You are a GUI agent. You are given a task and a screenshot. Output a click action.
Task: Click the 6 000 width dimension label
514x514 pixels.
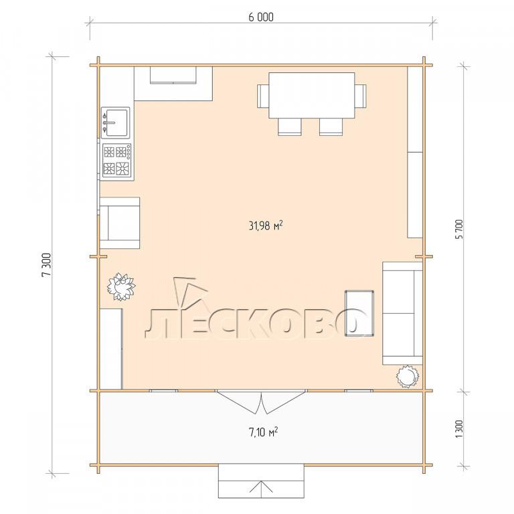[260, 17]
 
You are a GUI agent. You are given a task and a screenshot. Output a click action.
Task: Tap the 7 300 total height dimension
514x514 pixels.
[48, 265]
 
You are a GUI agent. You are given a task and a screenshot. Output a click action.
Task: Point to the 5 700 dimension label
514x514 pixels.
[460, 229]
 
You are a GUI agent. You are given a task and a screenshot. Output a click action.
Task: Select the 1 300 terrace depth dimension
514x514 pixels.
[460, 429]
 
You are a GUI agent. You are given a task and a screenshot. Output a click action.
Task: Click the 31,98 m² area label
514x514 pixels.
[266, 226]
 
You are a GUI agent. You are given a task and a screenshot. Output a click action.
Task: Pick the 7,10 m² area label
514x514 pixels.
[264, 432]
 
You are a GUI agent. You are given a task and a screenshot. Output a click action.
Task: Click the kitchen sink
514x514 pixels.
[115, 123]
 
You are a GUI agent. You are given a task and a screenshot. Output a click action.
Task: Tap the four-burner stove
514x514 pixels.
[116, 161]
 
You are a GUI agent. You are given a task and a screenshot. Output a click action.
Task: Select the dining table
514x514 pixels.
[311, 96]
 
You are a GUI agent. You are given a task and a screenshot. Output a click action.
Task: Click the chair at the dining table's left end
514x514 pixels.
[263, 96]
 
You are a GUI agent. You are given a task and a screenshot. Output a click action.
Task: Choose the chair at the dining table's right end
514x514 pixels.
[360, 96]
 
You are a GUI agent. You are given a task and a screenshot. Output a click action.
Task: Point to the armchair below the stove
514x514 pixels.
[120, 223]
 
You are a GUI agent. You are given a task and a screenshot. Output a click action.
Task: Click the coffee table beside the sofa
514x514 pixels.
[359, 313]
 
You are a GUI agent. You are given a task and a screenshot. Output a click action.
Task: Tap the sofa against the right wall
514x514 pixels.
[402, 313]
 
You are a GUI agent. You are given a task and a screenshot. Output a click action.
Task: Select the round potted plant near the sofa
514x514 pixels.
[408, 377]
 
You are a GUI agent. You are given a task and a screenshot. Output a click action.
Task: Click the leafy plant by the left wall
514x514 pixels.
[121, 286]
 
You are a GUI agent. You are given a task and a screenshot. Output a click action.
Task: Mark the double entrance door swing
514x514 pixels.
[261, 402]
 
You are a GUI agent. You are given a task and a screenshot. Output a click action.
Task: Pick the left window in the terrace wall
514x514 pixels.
[163, 391]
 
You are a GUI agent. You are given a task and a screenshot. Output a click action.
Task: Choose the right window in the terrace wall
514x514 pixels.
[359, 391]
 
